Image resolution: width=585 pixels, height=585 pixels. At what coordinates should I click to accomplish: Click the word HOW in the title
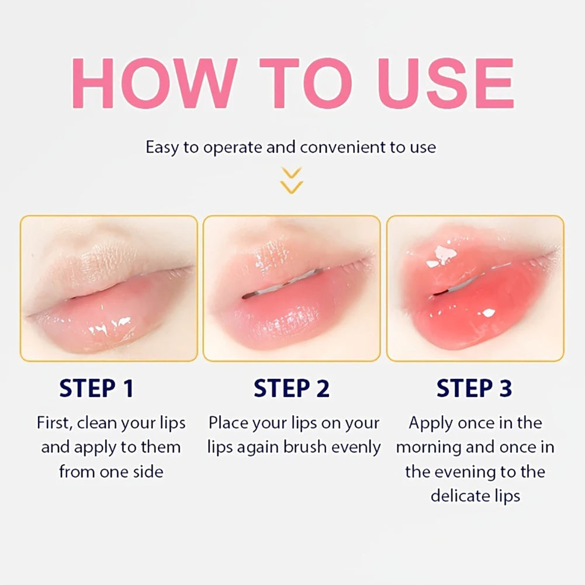coord(154,83)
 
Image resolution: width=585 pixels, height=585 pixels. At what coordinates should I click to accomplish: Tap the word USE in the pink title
coord(446,83)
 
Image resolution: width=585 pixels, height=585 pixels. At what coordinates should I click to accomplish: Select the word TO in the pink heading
coord(306,83)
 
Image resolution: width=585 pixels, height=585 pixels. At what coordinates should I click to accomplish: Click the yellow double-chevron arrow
coord(292,181)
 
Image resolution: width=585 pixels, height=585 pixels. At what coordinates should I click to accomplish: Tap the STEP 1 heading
coord(96,388)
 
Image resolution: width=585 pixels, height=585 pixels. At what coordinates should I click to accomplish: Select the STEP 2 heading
coord(292,388)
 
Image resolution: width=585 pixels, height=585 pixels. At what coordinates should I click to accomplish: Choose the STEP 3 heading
coord(474,388)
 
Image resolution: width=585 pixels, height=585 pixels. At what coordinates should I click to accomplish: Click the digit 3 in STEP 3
coord(506,388)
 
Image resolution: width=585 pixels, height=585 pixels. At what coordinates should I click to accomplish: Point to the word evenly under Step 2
coord(356,448)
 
